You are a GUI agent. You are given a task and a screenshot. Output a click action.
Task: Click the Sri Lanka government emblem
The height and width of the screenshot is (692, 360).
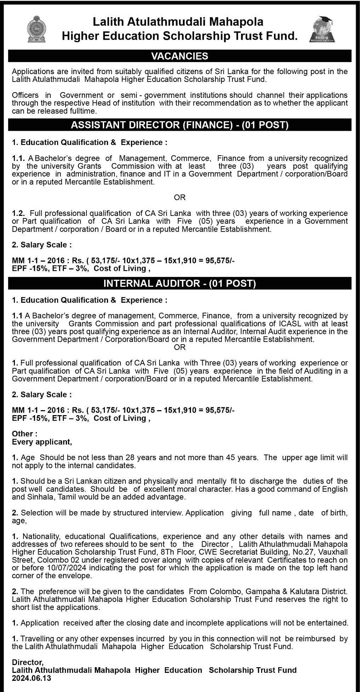pos(36,29)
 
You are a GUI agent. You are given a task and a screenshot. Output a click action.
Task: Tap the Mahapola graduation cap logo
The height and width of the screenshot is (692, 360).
pos(322,29)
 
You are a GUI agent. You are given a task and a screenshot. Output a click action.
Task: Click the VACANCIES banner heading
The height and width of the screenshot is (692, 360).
pos(180,56)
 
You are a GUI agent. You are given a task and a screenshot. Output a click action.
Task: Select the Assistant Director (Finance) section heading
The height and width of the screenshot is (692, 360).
pos(180,125)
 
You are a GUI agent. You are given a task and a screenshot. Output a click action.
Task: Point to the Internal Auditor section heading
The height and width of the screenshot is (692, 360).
pos(180,283)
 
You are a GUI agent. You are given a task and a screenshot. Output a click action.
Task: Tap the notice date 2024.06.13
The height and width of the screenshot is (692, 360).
pos(32,678)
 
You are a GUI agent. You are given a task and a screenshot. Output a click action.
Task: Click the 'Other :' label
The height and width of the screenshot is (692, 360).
pos(24,434)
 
